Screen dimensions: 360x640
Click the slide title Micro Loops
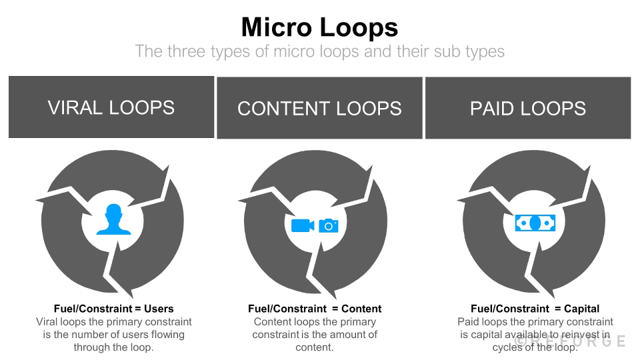click(x=319, y=27)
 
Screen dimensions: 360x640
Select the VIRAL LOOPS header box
click(x=111, y=107)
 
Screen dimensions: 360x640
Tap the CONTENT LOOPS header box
click(x=319, y=109)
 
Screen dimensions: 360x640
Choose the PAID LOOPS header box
click(x=528, y=109)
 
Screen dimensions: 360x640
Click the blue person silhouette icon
click(x=111, y=220)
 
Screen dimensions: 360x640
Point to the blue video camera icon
click(x=303, y=225)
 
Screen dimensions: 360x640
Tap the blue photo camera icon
click(x=329, y=225)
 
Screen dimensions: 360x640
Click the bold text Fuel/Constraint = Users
click(x=114, y=309)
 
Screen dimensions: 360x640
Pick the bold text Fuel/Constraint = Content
click(x=315, y=309)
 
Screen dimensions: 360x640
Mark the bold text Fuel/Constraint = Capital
click(x=535, y=309)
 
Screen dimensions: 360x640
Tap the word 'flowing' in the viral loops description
click(x=165, y=335)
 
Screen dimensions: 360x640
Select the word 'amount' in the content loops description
click(x=345, y=335)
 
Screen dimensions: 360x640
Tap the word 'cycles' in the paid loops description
click(x=509, y=347)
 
